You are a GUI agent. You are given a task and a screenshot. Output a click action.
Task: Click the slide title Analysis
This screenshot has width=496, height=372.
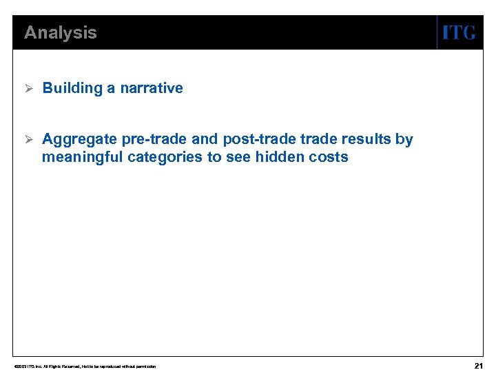pyautogui.click(x=61, y=32)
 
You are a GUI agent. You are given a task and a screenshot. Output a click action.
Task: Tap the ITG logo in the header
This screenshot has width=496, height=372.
pyautogui.click(x=458, y=32)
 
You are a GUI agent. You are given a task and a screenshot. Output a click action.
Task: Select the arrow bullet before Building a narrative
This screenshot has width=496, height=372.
pyautogui.click(x=28, y=88)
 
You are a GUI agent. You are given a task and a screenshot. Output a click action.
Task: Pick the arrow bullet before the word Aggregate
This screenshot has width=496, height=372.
pyautogui.click(x=28, y=139)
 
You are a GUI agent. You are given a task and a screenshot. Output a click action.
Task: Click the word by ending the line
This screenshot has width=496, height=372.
pyautogui.click(x=404, y=140)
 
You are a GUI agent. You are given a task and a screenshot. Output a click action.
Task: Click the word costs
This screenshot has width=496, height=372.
pyautogui.click(x=329, y=157)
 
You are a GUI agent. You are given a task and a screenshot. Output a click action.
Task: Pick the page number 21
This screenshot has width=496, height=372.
pyautogui.click(x=478, y=365)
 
